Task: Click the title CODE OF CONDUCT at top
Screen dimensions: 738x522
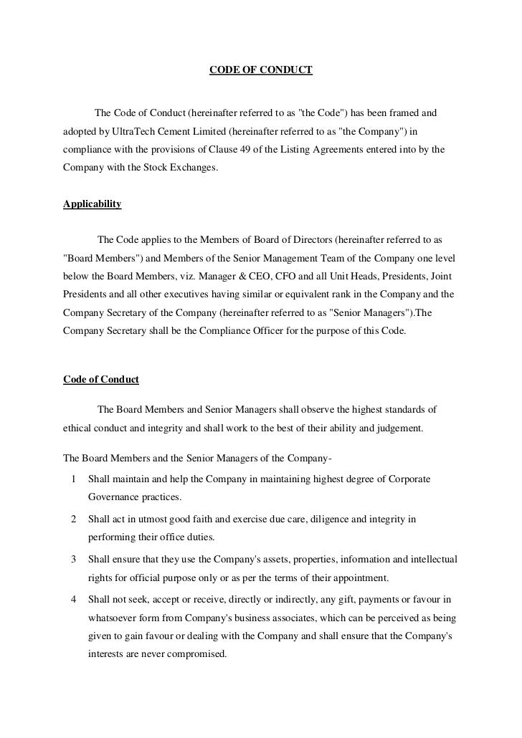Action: coord(260,71)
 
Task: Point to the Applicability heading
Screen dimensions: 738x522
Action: coord(92,204)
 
